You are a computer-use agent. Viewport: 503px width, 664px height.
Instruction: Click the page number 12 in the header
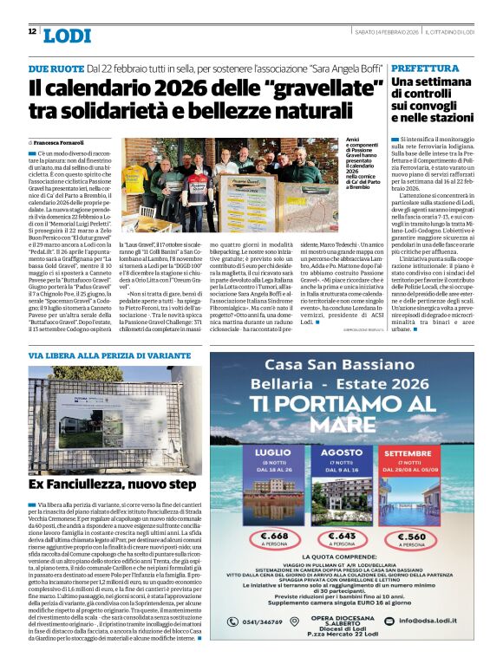point(32,32)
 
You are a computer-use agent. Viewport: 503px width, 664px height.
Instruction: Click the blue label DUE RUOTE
point(56,68)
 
